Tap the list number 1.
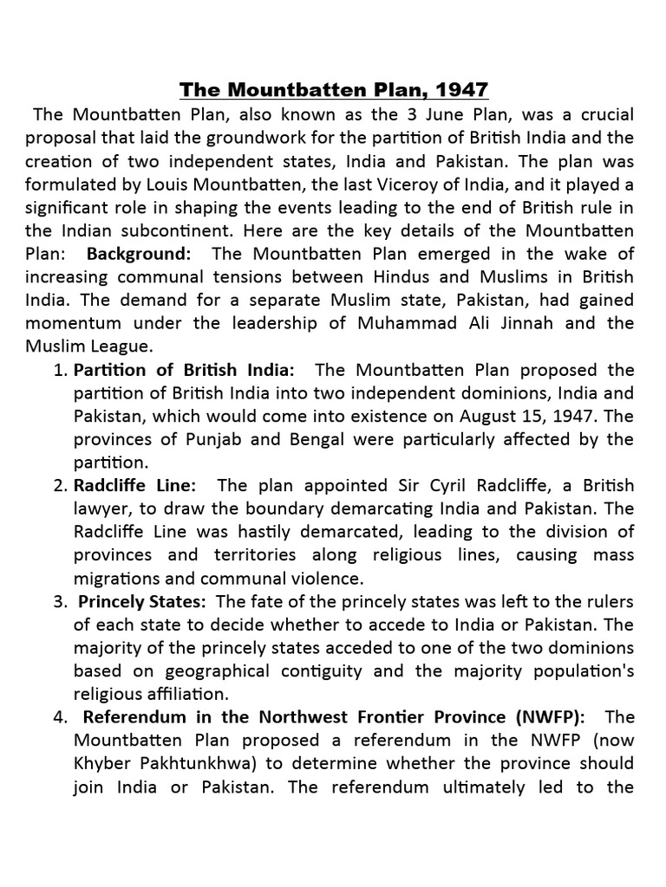tap(59, 370)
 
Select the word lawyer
tap(101, 508)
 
